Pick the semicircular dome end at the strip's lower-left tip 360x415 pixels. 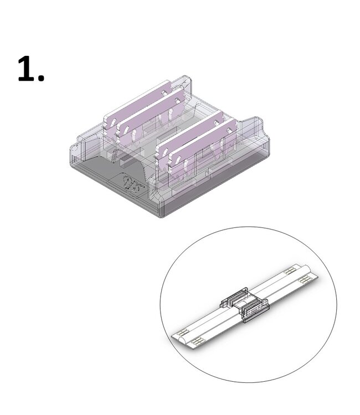click(176, 335)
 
